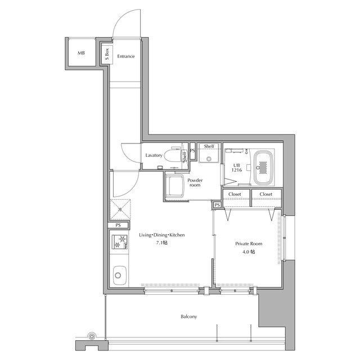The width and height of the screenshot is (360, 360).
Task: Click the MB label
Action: [x=81, y=53]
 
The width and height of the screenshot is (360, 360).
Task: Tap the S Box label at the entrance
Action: [x=107, y=54]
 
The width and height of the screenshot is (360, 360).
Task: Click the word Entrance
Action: [x=126, y=56]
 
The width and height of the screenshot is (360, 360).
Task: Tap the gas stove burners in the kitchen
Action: [x=120, y=242]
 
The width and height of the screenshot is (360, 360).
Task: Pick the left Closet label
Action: [x=235, y=194]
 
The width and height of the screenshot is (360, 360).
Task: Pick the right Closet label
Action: [x=266, y=194]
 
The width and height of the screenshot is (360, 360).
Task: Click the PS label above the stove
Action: [x=118, y=225]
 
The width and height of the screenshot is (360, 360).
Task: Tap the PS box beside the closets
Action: [x=217, y=205]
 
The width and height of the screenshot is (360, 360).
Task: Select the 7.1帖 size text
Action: [x=162, y=242]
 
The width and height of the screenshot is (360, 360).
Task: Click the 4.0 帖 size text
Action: [x=249, y=252]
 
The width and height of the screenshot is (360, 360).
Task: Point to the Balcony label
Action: [x=189, y=317]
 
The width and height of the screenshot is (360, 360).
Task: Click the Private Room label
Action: [x=249, y=244]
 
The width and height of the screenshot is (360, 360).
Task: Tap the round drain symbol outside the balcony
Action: [x=92, y=336]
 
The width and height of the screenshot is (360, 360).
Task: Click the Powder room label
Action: [x=195, y=182]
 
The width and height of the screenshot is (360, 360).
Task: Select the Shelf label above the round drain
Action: [x=209, y=146]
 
